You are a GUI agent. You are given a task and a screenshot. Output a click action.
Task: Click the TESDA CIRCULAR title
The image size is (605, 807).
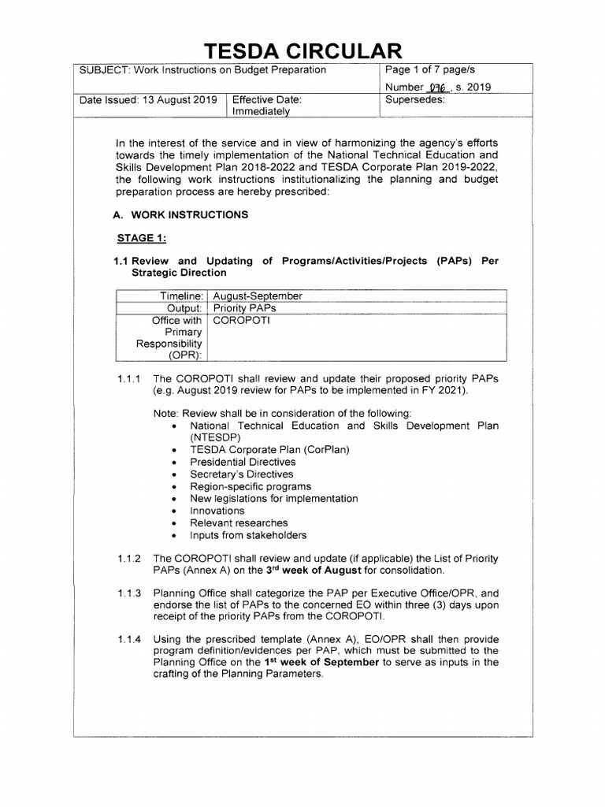coord(303,51)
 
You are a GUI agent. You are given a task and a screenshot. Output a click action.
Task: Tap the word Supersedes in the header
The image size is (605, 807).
coord(415,100)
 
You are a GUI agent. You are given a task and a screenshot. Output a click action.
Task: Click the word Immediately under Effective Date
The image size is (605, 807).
coord(261,112)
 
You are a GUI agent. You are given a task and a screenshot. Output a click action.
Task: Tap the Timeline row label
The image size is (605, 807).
coord(182,296)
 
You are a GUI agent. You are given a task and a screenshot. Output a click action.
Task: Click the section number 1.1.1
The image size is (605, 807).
coord(129,378)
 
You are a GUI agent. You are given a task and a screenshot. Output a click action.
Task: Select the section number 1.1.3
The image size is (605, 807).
coord(129,593)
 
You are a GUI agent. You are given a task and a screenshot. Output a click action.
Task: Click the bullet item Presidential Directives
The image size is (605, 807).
coord(243,462)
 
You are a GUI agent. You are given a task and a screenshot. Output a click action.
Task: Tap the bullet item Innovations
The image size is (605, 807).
coord(217,511)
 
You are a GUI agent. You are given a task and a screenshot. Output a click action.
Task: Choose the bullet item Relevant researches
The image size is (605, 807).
coord(239,523)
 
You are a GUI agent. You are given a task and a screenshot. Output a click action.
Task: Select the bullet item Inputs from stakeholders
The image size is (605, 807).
coord(248,535)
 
